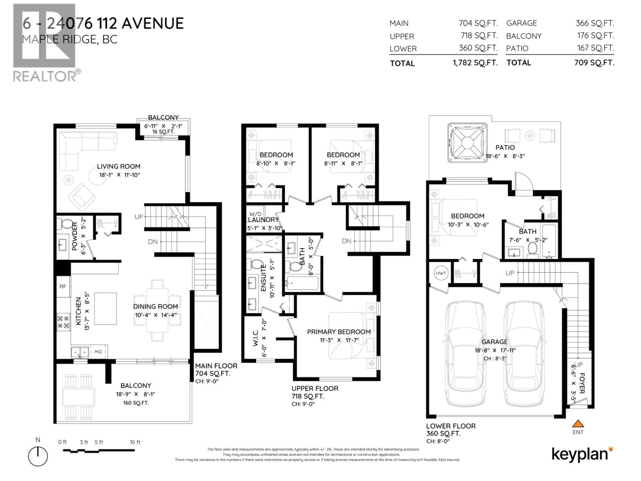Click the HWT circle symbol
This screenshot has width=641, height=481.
[x=441, y=273]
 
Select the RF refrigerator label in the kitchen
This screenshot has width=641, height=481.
[x=63, y=286]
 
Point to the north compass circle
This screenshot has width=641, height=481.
[x=38, y=456]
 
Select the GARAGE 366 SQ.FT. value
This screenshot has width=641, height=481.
[x=595, y=23]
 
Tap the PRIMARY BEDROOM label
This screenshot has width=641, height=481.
[x=339, y=332]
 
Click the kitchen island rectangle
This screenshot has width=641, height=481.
[x=105, y=308]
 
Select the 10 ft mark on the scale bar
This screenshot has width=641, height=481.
[x=135, y=442]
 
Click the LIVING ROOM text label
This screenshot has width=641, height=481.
[x=119, y=166]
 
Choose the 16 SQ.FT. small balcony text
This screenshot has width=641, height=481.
[x=163, y=132]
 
